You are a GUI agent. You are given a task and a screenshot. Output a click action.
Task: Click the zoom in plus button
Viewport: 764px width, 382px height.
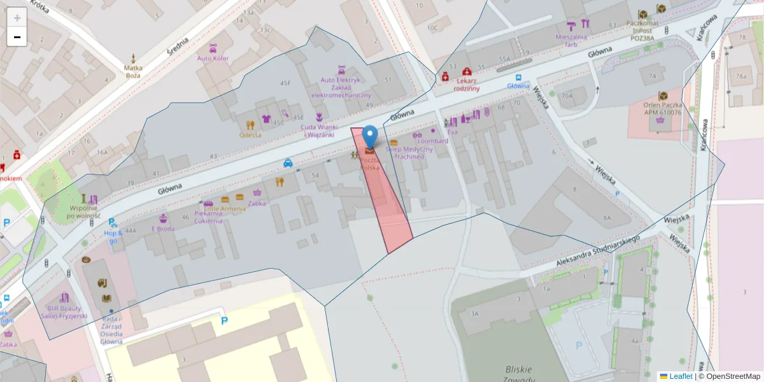pos(17,18)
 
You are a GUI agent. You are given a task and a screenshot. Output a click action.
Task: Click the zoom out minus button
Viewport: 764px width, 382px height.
pos(17,37)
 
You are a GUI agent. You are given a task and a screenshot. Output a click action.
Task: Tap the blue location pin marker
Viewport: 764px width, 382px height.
pos(369,136)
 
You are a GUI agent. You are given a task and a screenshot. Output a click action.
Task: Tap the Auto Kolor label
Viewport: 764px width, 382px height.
pos(213,58)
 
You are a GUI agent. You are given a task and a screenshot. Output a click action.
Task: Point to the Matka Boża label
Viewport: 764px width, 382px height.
pos(133,71)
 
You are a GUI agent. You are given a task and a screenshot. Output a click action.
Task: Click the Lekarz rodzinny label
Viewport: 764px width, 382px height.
pos(467,85)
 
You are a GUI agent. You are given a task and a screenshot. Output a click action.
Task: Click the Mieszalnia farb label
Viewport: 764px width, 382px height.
pos(575,40)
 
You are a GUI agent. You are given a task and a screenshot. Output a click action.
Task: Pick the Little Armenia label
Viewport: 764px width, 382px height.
pos(224,209)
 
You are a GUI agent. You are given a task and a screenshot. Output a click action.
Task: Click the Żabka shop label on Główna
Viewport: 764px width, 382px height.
pos(257,204)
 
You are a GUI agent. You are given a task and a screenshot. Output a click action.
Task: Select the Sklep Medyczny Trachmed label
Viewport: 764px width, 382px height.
pos(409,153)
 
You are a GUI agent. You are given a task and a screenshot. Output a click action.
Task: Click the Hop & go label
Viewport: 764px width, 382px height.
pos(113,236)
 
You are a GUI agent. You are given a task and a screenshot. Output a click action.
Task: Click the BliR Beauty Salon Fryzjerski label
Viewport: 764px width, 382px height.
pos(64,311)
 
